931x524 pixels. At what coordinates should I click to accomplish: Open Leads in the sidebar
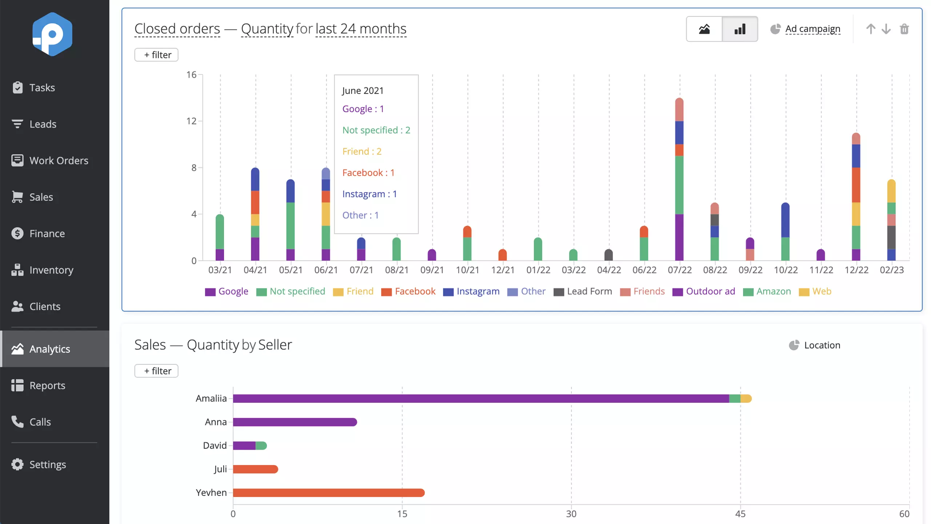click(x=34, y=124)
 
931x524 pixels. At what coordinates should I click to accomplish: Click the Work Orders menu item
click(x=50, y=160)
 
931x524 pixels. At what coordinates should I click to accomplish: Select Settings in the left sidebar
click(x=39, y=464)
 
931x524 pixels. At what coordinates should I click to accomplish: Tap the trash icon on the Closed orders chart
click(x=904, y=29)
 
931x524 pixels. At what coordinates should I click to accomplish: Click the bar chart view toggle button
click(x=740, y=29)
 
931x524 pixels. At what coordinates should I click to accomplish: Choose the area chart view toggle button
click(x=704, y=29)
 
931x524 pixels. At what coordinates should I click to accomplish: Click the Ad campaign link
click(x=812, y=29)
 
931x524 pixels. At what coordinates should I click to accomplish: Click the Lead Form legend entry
click(x=583, y=291)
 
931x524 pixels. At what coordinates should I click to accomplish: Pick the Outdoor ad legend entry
click(x=704, y=291)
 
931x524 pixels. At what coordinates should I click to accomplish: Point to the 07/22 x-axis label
click(x=679, y=270)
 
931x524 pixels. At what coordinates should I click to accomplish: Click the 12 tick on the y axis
click(x=191, y=121)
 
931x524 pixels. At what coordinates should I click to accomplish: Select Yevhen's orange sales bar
click(x=329, y=493)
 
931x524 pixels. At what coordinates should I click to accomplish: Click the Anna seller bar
click(x=295, y=422)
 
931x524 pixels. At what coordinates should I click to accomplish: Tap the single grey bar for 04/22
click(x=608, y=255)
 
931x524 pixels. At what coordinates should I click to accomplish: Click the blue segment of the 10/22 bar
click(x=785, y=220)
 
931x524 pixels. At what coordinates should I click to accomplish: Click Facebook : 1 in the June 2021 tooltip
click(x=368, y=172)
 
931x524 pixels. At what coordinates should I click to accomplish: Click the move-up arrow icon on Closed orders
click(x=870, y=29)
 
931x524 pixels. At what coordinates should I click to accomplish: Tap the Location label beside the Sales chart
click(x=822, y=345)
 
